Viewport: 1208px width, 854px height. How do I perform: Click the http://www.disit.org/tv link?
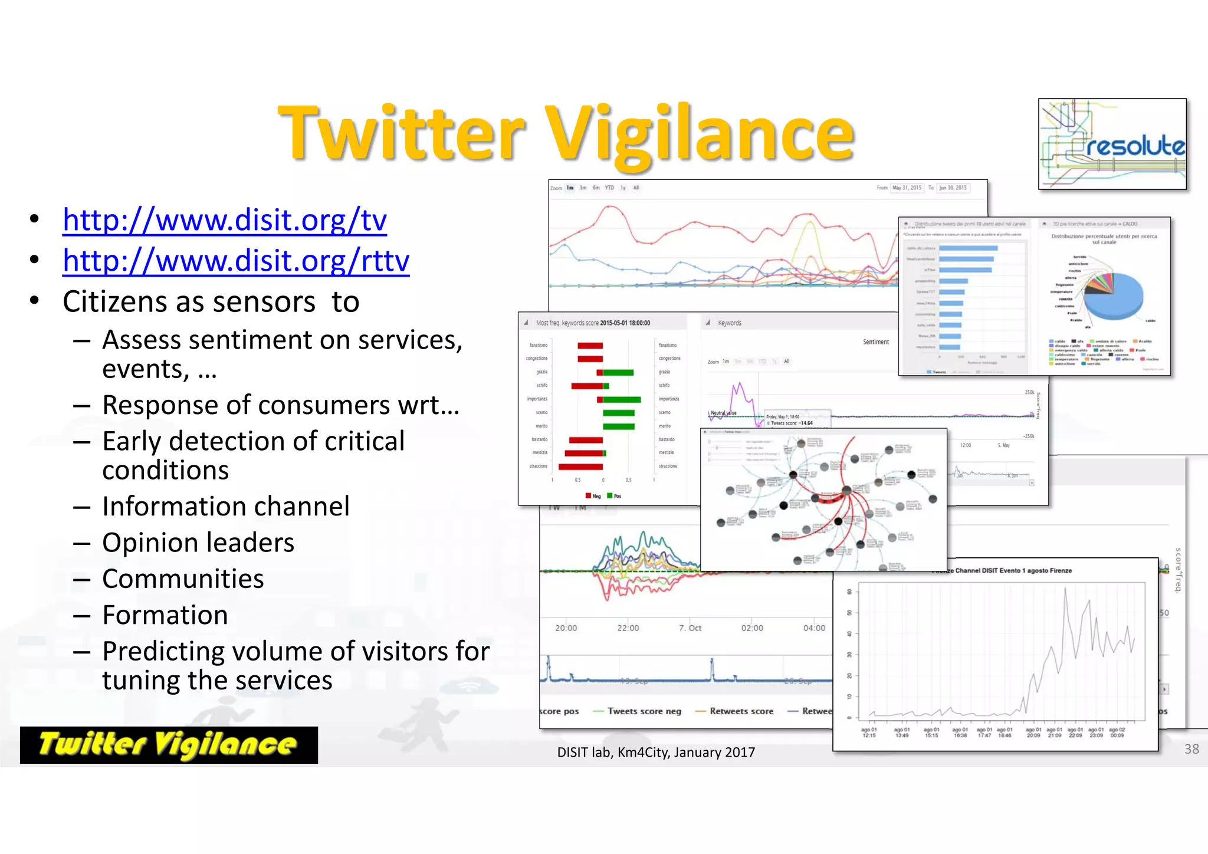(x=225, y=221)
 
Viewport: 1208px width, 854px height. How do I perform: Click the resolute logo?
(x=1112, y=144)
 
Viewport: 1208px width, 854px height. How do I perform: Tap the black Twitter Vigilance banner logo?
(x=169, y=745)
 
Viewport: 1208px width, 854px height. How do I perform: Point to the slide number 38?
(x=1191, y=749)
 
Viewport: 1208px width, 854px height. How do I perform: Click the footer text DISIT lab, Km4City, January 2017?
(x=656, y=753)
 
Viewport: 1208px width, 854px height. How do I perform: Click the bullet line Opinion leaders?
(x=198, y=543)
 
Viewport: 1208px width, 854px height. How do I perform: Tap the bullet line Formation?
(x=165, y=615)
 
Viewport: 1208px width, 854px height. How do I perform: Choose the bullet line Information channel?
(x=226, y=507)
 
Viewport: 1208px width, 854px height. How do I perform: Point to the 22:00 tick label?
(x=628, y=628)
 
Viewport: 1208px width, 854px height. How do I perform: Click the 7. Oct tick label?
(x=690, y=628)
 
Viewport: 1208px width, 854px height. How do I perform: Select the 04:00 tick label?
(x=814, y=628)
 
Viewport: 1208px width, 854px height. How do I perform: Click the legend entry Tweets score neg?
(x=644, y=711)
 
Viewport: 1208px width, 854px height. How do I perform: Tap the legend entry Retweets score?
(x=741, y=711)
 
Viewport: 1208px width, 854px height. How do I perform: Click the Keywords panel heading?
(x=730, y=323)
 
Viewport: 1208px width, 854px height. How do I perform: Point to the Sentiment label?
(x=876, y=342)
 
